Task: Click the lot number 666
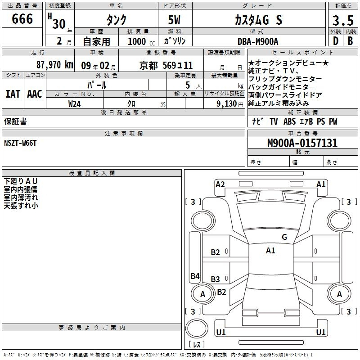22,18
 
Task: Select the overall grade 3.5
343,20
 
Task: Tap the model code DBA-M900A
258,41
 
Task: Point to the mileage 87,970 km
55,65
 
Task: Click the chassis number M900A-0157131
302,143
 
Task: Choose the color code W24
74,104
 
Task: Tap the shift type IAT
13,94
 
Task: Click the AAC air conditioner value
35,94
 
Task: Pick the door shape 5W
174,20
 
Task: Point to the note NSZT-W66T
20,143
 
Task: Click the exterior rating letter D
336,41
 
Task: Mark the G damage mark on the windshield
284,237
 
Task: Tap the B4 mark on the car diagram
195,276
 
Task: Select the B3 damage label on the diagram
216,279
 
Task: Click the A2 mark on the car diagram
220,184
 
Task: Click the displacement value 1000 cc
141,41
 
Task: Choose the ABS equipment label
289,121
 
